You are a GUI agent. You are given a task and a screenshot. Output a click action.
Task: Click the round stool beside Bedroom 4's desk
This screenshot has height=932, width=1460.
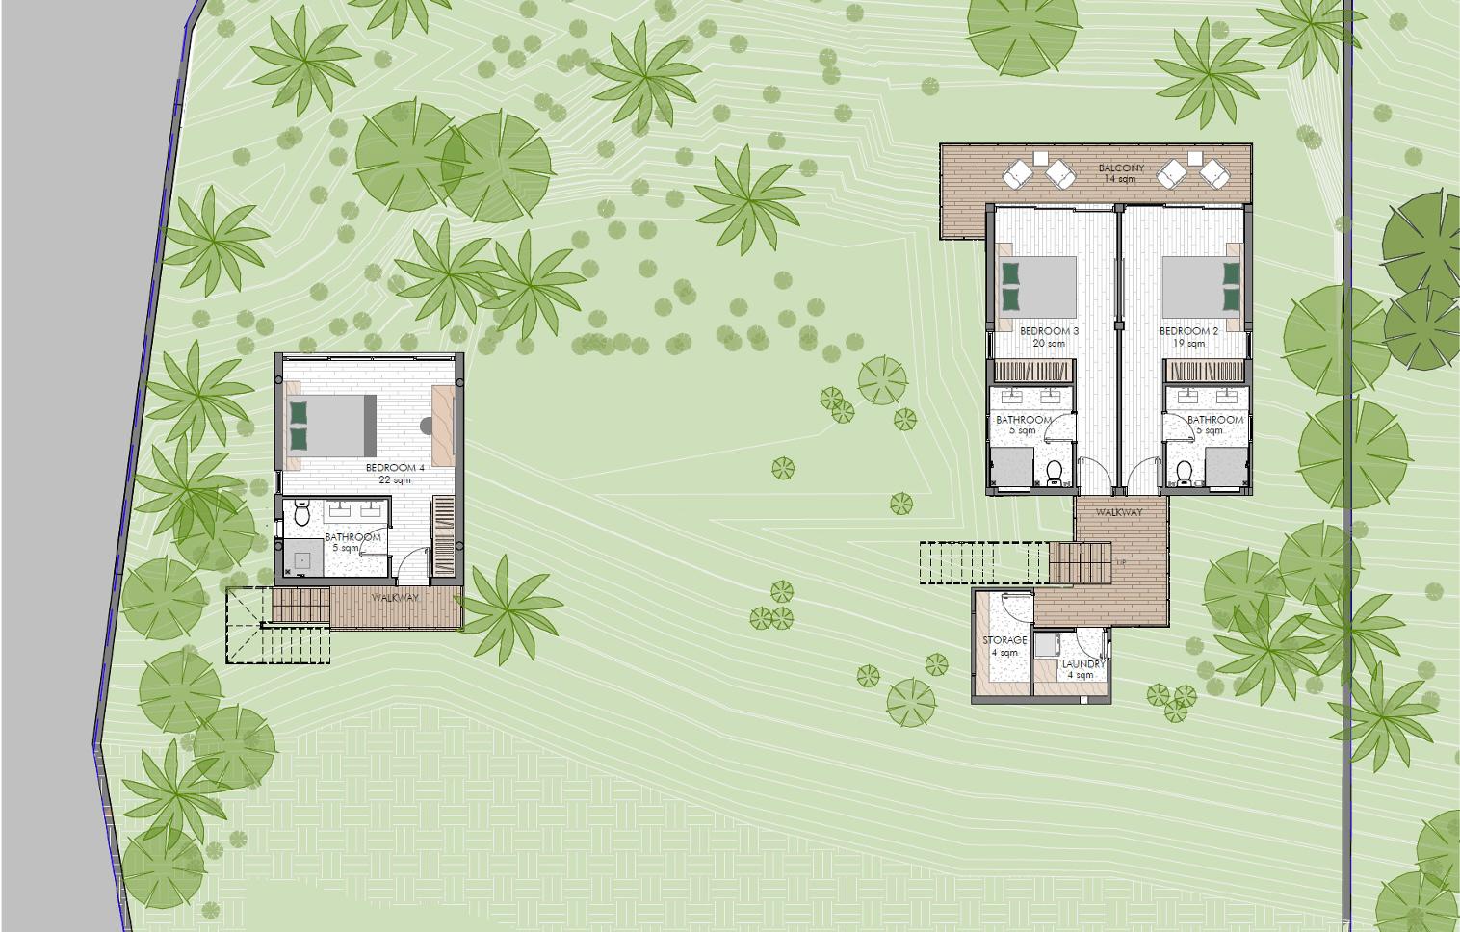[x=427, y=424]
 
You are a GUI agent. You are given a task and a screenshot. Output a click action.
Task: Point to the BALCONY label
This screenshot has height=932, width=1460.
[x=1121, y=168]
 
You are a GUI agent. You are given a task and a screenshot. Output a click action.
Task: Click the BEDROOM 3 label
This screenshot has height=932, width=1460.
[x=1049, y=331]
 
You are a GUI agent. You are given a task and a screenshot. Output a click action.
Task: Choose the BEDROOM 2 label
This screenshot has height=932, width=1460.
[x=1189, y=331]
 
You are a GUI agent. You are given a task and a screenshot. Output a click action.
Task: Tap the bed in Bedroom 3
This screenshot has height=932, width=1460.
[x=1038, y=284]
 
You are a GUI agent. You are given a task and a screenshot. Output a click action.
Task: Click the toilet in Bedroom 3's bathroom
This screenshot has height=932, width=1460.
[x=1055, y=472]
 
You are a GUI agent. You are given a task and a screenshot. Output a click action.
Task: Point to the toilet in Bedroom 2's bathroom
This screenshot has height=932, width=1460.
[x=1184, y=472]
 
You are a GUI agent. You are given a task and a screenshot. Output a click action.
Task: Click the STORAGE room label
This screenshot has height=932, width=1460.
[x=1004, y=640]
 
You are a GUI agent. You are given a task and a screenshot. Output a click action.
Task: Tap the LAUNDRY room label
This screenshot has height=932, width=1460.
[x=1083, y=664]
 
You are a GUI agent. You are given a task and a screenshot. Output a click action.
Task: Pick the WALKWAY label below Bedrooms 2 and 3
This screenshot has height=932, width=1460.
[x=1119, y=512]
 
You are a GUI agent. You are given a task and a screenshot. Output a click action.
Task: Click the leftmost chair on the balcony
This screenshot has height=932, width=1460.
[x=1019, y=174]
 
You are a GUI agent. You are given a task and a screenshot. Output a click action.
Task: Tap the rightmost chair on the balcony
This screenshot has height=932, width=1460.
[x=1214, y=174]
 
